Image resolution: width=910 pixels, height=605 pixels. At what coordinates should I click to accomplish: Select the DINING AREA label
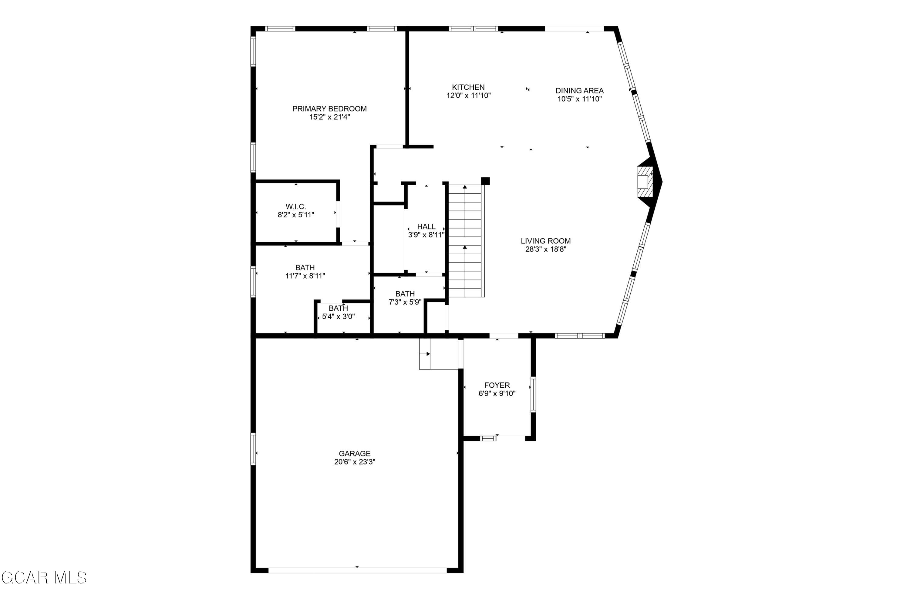tap(579, 91)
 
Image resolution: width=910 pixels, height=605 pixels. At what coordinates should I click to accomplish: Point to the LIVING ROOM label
tap(545, 241)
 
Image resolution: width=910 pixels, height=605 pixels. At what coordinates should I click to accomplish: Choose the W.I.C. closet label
tap(296, 207)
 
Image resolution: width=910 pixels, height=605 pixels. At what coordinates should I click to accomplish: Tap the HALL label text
tap(426, 226)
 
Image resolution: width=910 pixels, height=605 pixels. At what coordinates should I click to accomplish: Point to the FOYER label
tap(497, 385)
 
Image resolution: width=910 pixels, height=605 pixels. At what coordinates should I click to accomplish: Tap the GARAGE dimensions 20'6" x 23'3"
tap(354, 462)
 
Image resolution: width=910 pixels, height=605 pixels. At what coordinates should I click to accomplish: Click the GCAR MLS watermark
tap(44, 578)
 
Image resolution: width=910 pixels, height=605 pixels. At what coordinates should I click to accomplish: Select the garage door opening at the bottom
tap(357, 570)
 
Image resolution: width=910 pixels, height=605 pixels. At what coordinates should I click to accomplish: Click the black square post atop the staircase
tap(485, 181)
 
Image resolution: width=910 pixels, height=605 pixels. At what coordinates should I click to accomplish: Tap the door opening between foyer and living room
tap(504, 336)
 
